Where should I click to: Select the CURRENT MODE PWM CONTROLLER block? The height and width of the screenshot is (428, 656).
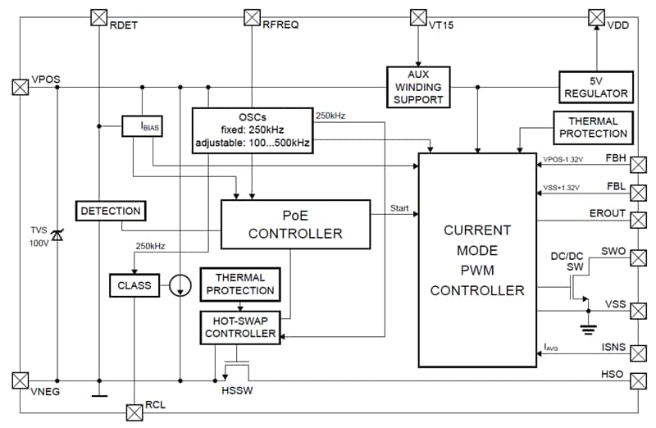(476, 260)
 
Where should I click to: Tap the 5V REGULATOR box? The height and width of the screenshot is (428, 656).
(595, 88)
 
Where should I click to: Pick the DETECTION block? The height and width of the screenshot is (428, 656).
(111, 211)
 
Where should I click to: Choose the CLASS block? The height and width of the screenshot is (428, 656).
(134, 285)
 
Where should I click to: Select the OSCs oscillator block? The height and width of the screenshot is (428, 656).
(251, 129)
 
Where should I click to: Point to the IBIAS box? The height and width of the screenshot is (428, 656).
(142, 126)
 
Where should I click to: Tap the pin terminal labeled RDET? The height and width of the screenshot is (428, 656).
(98, 16)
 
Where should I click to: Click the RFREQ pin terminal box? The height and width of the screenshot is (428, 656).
(253, 16)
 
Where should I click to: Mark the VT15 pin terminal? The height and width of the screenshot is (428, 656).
(418, 16)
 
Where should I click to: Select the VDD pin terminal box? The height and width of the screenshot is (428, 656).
(596, 16)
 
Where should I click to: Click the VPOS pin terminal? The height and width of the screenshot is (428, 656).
(19, 86)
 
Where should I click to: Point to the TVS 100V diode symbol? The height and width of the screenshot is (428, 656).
(57, 236)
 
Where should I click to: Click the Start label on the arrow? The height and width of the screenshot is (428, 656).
(400, 209)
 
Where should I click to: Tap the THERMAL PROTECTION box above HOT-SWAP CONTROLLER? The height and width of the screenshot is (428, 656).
(239, 284)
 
